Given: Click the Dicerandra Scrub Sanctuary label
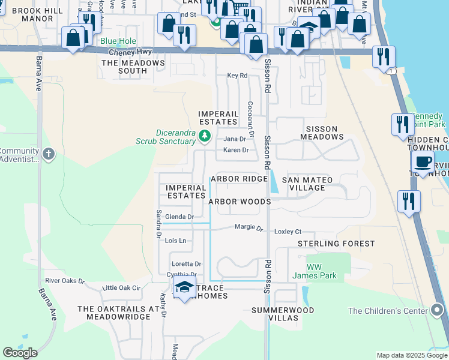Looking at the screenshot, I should [176, 137].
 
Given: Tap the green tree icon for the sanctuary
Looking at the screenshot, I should [205, 136].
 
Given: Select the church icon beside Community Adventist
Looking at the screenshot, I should [49, 154].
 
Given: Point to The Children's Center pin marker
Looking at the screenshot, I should [438, 310].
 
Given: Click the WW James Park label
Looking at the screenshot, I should [314, 271].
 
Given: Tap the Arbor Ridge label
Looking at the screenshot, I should [238, 179].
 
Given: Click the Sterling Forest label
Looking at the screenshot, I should [336, 244].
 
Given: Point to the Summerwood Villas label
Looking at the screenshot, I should [282, 314].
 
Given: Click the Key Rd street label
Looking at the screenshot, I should [237, 76].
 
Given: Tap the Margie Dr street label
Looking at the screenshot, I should [249, 227].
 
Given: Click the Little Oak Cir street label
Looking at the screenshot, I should [121, 288].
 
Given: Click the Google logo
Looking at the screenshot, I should [20, 353].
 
